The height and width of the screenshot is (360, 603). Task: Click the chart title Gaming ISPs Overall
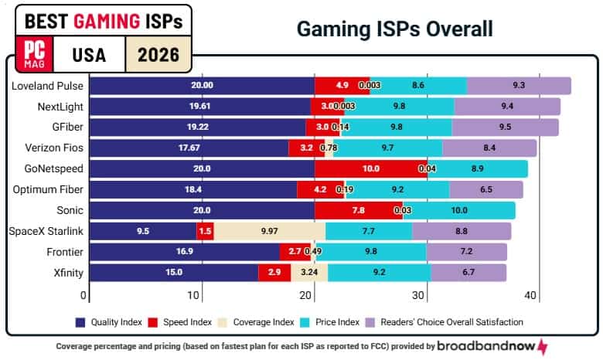(x=394, y=30)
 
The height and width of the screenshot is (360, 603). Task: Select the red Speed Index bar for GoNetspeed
(x=371, y=168)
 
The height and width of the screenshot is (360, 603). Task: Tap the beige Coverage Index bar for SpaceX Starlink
(x=269, y=230)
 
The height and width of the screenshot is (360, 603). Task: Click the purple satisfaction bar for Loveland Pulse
(x=519, y=86)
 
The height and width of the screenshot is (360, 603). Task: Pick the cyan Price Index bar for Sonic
(x=459, y=210)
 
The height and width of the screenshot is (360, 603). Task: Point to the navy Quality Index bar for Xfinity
(x=174, y=272)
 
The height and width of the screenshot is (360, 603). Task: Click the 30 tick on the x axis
(x=419, y=295)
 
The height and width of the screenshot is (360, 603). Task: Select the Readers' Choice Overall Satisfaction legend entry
(x=451, y=322)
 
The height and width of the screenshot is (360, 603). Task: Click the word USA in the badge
(x=90, y=56)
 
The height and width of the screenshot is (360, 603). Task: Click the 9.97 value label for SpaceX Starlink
(x=269, y=230)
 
